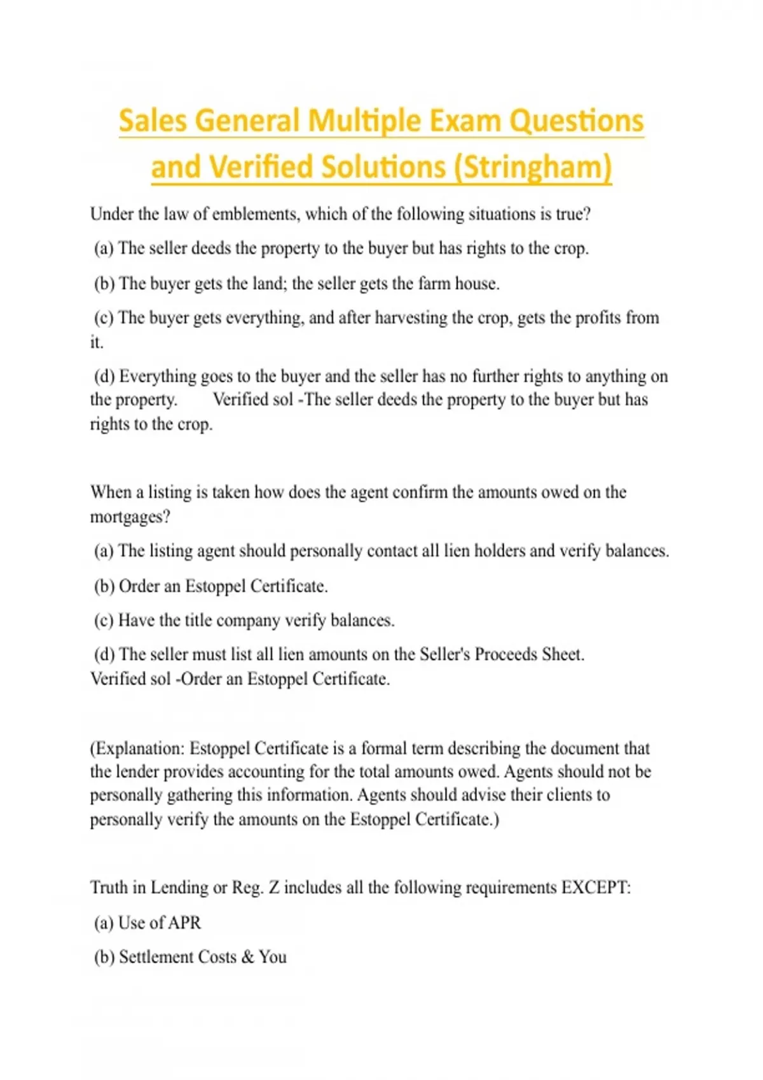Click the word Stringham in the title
click(533, 168)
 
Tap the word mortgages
click(130, 517)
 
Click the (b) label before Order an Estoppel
click(104, 586)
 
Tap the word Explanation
click(139, 748)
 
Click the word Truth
click(109, 888)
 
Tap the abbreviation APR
click(185, 922)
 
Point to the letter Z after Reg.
click(274, 888)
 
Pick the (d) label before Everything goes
click(104, 377)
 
